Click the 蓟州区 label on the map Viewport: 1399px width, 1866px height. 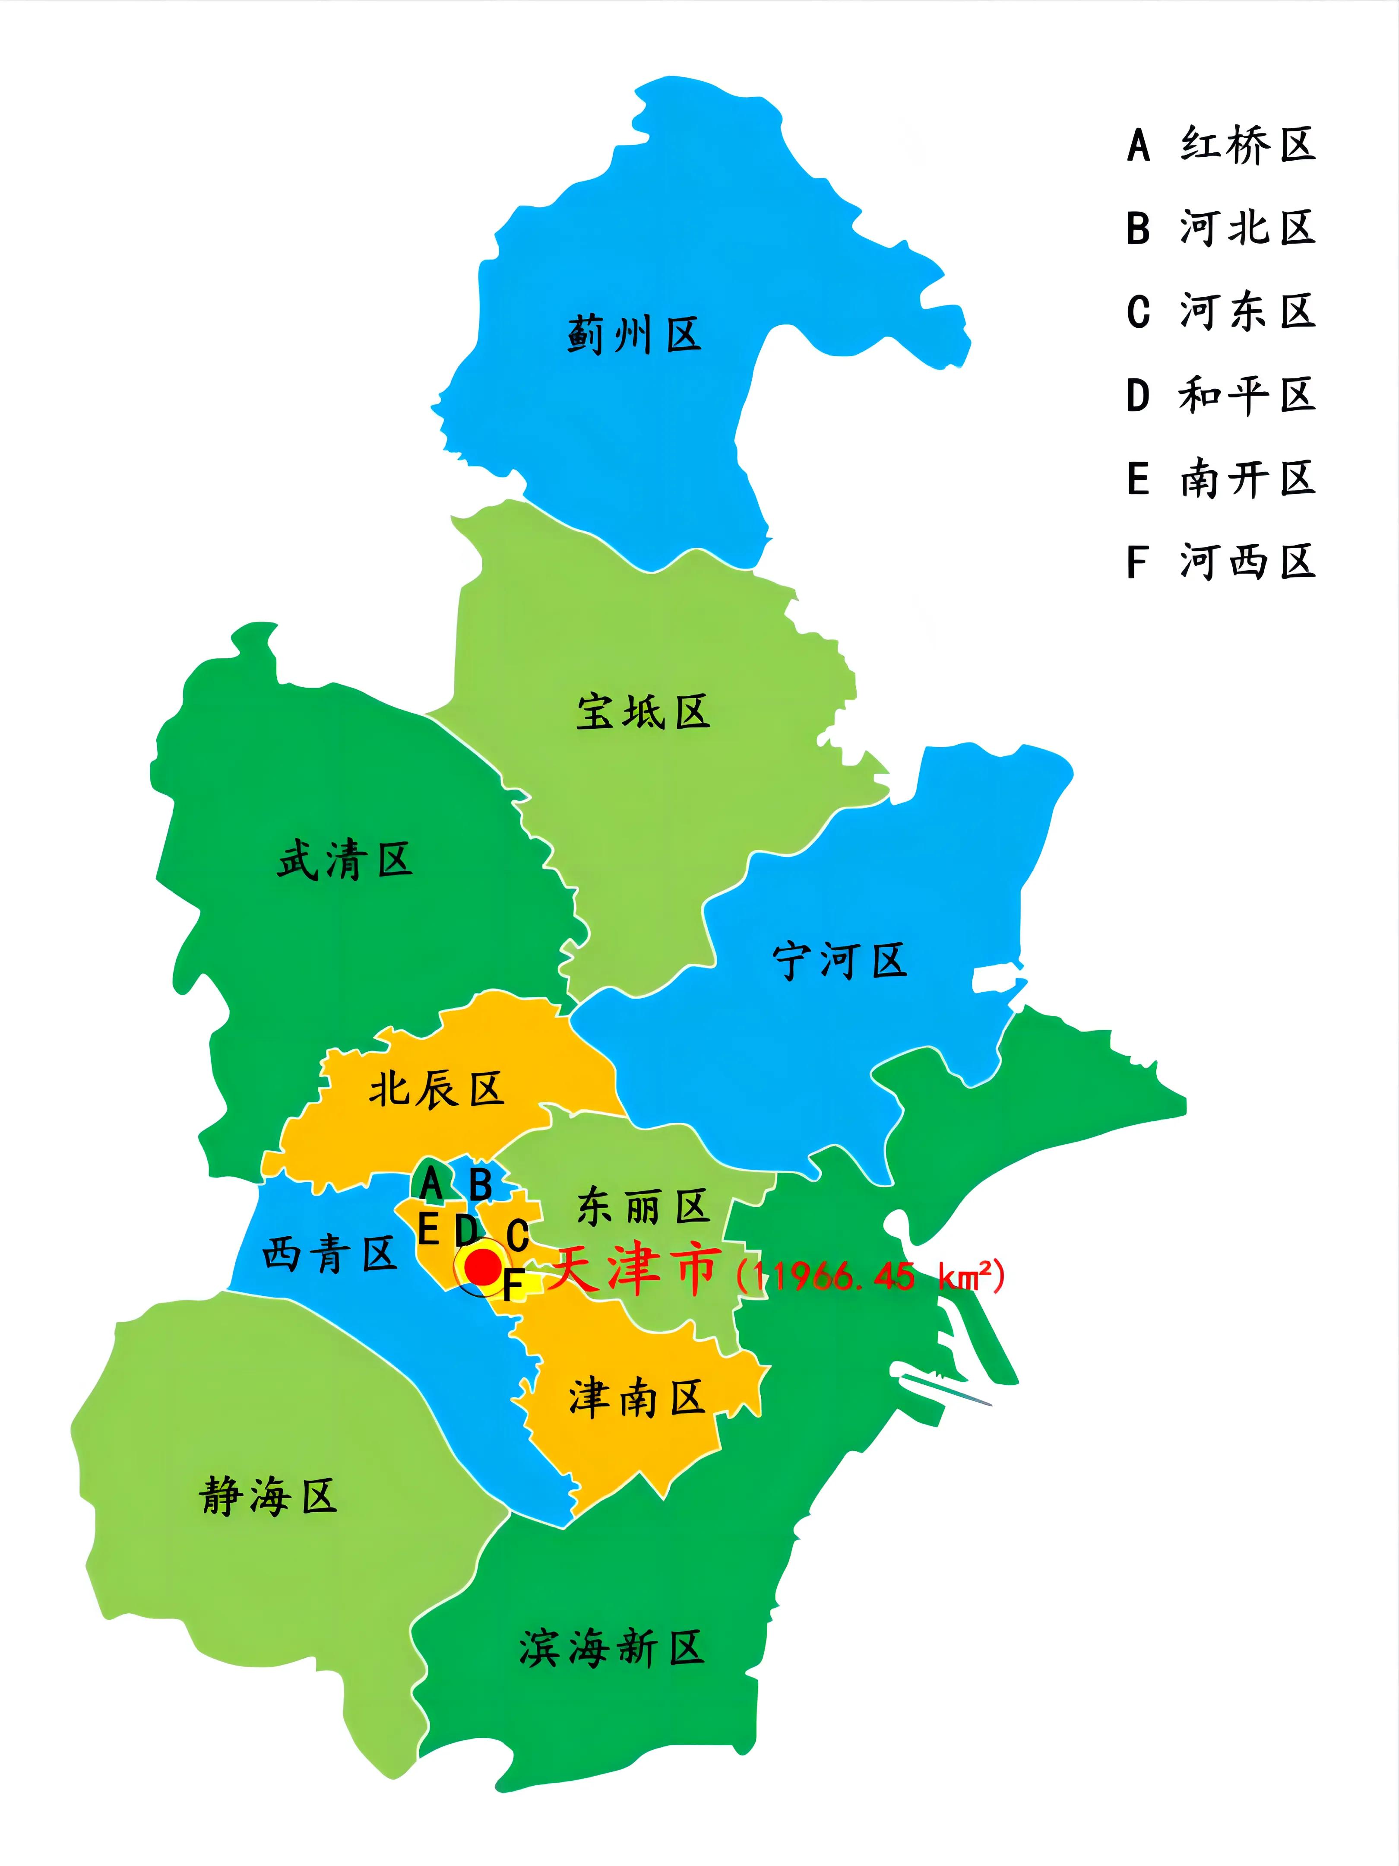[634, 336]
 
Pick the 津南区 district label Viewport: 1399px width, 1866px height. [637, 1399]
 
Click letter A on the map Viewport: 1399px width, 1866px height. [431, 1183]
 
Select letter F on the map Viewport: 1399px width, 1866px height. [513, 1285]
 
